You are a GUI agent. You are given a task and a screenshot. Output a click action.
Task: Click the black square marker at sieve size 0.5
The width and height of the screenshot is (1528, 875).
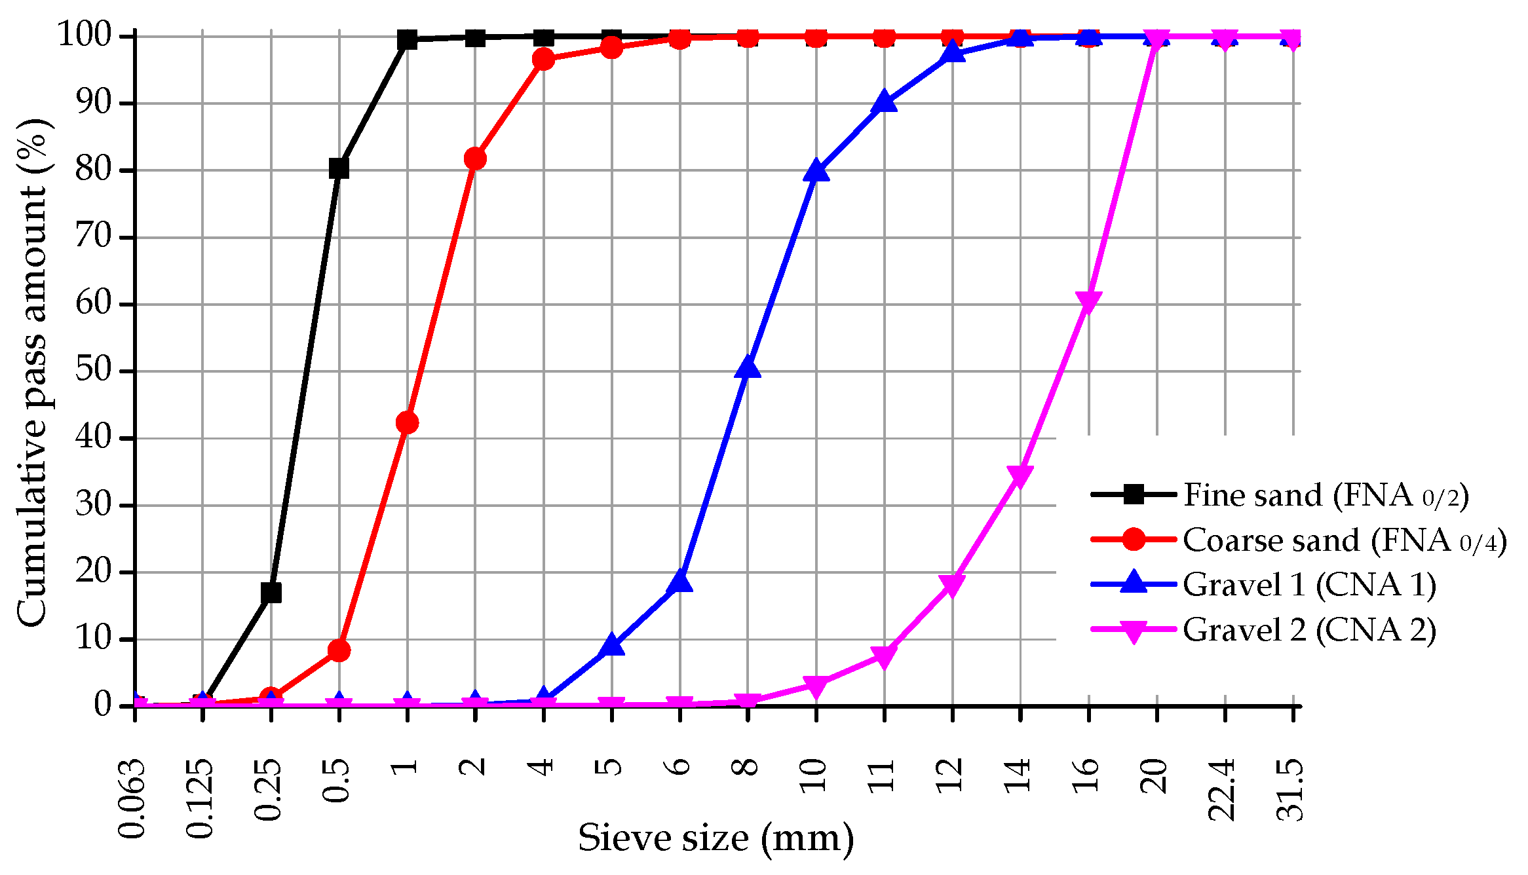click(x=339, y=168)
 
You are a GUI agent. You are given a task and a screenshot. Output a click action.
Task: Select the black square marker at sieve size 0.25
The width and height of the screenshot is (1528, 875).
click(x=271, y=593)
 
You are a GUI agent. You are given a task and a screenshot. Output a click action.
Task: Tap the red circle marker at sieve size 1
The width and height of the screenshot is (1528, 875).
click(x=407, y=423)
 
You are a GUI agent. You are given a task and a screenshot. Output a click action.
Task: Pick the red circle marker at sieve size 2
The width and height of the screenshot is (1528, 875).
click(x=475, y=158)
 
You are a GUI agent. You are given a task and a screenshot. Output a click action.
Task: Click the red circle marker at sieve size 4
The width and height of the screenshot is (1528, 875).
click(x=543, y=60)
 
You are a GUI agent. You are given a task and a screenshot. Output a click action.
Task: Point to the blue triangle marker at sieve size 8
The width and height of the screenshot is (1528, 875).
click(x=748, y=368)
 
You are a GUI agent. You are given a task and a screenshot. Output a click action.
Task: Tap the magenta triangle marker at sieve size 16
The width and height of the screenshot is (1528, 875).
click(x=1088, y=302)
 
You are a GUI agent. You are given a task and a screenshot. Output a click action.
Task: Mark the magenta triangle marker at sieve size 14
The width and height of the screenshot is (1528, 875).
click(x=1020, y=476)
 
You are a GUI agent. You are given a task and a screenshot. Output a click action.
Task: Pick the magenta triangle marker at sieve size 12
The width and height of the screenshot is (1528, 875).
click(x=952, y=585)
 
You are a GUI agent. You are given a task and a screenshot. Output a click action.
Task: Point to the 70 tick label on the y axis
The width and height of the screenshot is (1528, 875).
click(x=94, y=236)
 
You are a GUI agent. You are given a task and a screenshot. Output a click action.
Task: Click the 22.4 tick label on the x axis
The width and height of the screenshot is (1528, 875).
click(x=1223, y=789)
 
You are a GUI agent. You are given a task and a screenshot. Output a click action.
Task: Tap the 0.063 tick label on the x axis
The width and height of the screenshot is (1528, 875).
click(x=132, y=798)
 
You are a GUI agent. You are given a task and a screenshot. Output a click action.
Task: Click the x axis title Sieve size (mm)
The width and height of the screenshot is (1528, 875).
click(x=716, y=839)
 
